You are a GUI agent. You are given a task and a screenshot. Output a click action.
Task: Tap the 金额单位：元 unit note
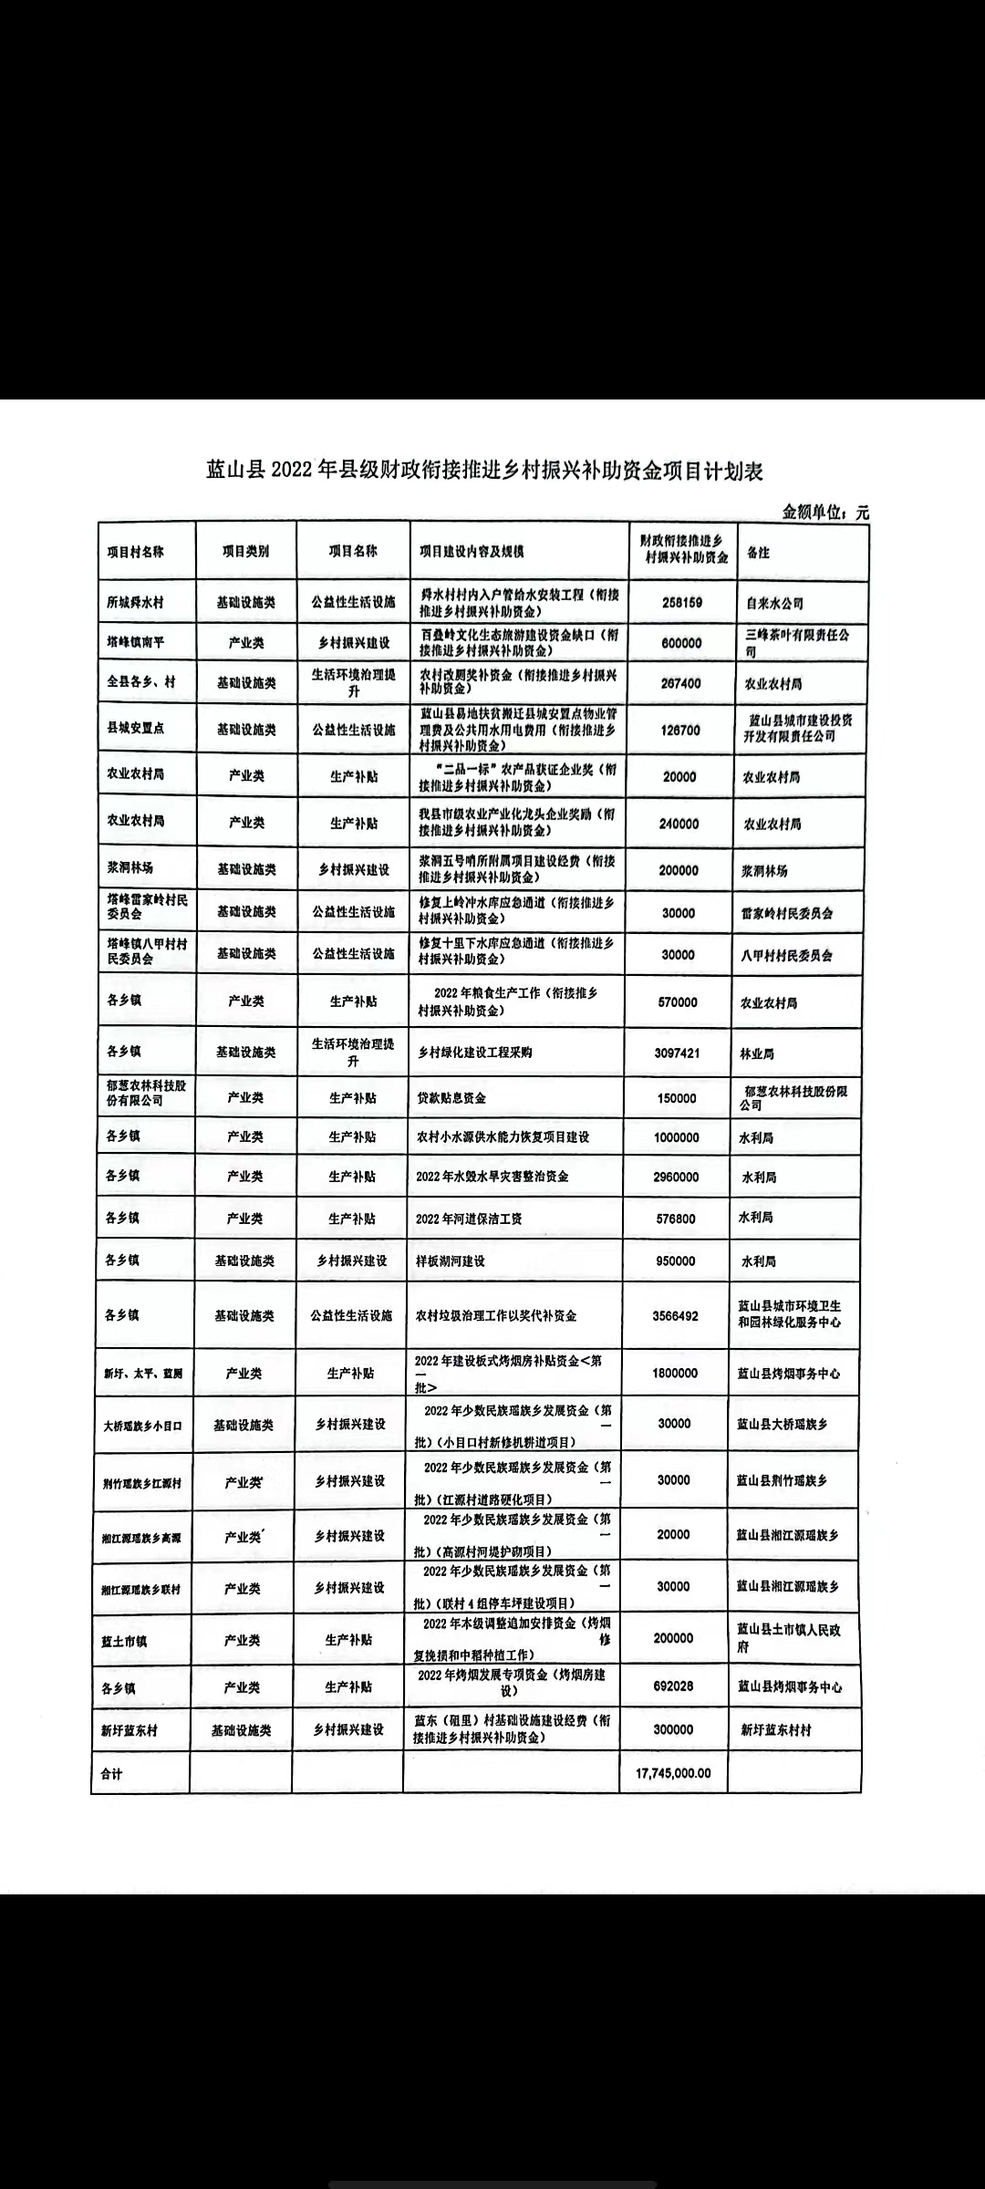(x=825, y=513)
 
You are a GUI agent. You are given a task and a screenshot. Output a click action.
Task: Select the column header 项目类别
(x=246, y=552)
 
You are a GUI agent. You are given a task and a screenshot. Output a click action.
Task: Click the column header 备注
(x=758, y=553)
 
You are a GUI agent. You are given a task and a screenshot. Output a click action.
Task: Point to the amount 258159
(x=680, y=603)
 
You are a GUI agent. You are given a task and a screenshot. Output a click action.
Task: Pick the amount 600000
(x=680, y=643)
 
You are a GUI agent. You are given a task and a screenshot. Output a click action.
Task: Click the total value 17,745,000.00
(x=673, y=1773)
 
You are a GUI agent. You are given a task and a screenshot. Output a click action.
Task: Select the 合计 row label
(x=111, y=1774)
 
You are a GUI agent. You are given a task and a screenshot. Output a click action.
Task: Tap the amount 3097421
(x=678, y=1053)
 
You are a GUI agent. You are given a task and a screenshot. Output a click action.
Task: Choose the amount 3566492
(x=676, y=1315)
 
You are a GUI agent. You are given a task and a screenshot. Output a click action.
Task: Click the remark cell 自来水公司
(x=772, y=604)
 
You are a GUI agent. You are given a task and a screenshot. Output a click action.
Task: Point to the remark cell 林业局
(x=757, y=1053)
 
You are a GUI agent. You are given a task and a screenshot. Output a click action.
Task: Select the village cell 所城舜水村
(x=136, y=603)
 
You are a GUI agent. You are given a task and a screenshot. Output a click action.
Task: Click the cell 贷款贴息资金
(x=451, y=1098)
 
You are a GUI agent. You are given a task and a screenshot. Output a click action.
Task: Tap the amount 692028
(x=674, y=1686)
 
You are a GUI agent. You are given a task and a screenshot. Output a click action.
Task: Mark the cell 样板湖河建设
(x=451, y=1260)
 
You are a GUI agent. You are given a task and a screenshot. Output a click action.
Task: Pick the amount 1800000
(x=675, y=1373)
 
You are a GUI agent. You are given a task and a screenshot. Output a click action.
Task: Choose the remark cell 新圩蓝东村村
(x=776, y=1729)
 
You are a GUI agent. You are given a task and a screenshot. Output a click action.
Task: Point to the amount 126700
(x=680, y=731)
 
